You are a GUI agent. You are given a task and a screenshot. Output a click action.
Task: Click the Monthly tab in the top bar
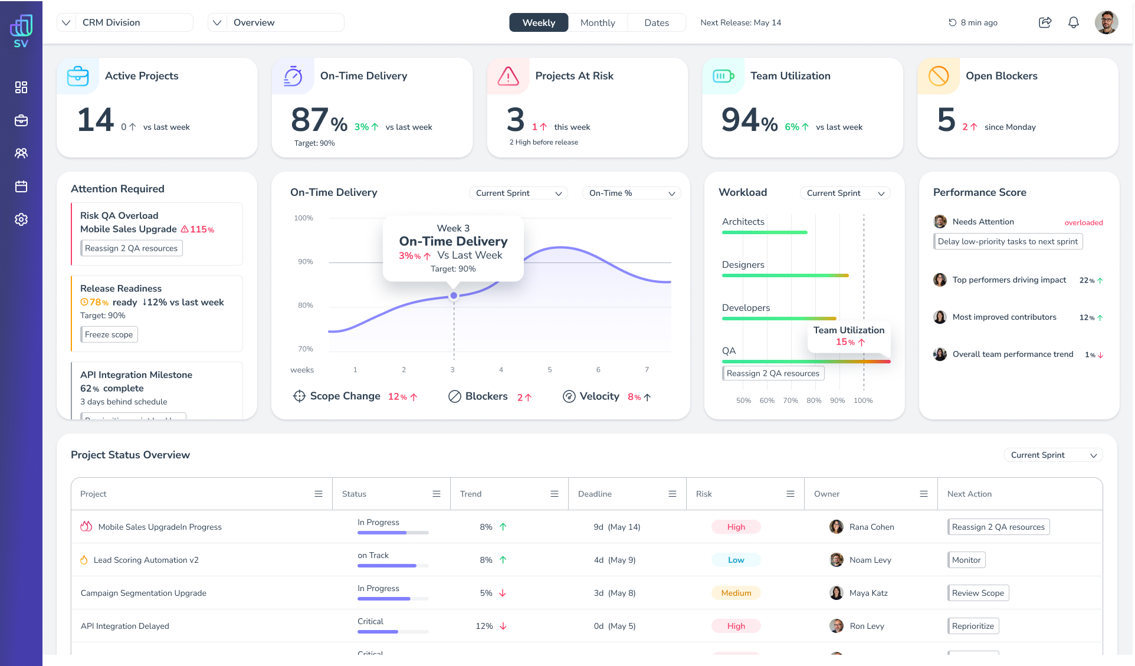[597, 23]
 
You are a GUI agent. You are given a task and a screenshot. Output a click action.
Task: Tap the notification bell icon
[1073, 22]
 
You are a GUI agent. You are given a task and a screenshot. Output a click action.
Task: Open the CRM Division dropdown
[125, 22]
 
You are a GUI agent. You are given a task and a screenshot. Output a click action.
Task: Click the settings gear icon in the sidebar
[21, 219]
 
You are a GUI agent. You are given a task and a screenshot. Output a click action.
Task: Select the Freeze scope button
[109, 334]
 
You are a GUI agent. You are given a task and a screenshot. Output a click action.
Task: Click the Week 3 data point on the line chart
[454, 296]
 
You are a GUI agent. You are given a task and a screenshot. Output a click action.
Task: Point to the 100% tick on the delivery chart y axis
[303, 218]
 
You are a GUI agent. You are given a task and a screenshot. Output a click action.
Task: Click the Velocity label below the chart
[599, 396]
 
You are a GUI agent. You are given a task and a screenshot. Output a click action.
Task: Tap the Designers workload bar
[785, 275]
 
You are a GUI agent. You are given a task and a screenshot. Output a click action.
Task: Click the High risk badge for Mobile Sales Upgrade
[736, 527]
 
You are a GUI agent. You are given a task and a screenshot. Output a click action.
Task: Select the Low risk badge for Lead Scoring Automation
[736, 560]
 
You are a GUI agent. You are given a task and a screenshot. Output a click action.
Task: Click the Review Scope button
[977, 593]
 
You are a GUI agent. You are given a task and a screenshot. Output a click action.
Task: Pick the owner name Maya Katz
[868, 593]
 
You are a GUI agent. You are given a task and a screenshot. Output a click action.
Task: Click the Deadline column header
[595, 494]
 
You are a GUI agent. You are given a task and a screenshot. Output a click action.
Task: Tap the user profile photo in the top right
[1106, 22]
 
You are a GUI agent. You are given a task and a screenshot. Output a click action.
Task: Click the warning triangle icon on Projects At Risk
[508, 76]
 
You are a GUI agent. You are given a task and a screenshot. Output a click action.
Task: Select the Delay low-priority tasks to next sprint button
[1008, 241]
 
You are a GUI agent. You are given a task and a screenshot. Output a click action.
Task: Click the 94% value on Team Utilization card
[749, 120]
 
